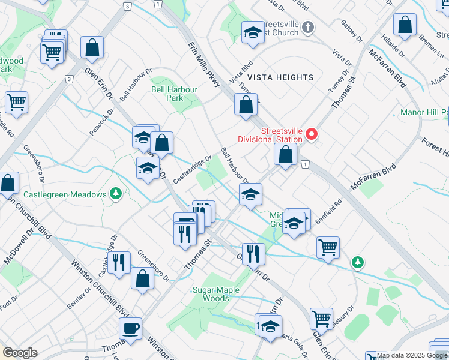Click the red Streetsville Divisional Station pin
[x=311, y=133]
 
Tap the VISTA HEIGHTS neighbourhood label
[x=281, y=77]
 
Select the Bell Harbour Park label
[x=175, y=94]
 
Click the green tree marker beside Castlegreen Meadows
[x=115, y=194]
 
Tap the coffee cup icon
[x=130, y=328]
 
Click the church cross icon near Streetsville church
[x=308, y=27]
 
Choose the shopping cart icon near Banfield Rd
[x=328, y=246]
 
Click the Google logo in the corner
[x=20, y=353]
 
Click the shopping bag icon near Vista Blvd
[x=246, y=105]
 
